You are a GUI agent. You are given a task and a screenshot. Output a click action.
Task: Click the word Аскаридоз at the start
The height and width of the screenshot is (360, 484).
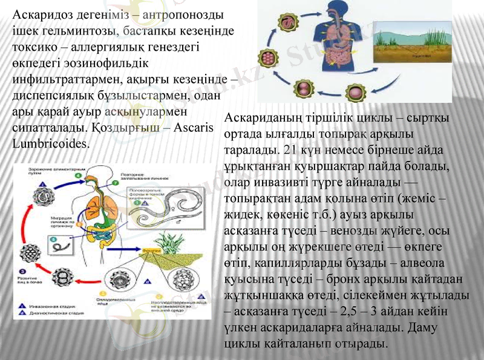tap(38, 13)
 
